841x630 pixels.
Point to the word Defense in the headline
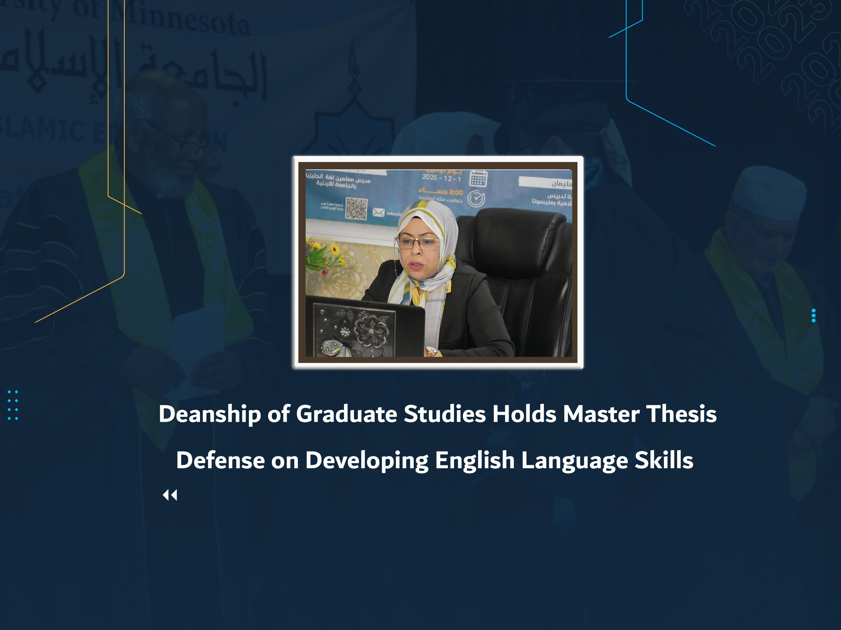[x=220, y=460]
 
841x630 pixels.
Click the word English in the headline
[x=475, y=460]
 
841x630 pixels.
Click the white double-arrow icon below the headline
[x=170, y=495]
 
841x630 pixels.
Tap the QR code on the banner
[x=356, y=208]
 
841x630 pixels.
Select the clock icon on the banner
[x=476, y=199]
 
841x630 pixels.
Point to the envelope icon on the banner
[x=378, y=212]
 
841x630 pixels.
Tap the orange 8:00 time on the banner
[x=456, y=192]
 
